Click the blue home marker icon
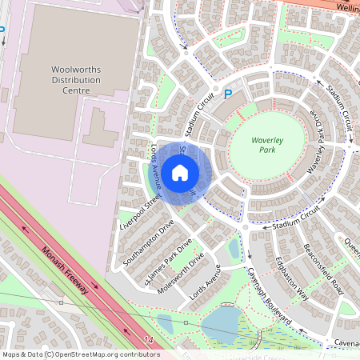click(180, 173)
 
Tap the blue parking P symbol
click(227, 94)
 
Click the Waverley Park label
click(267, 144)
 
